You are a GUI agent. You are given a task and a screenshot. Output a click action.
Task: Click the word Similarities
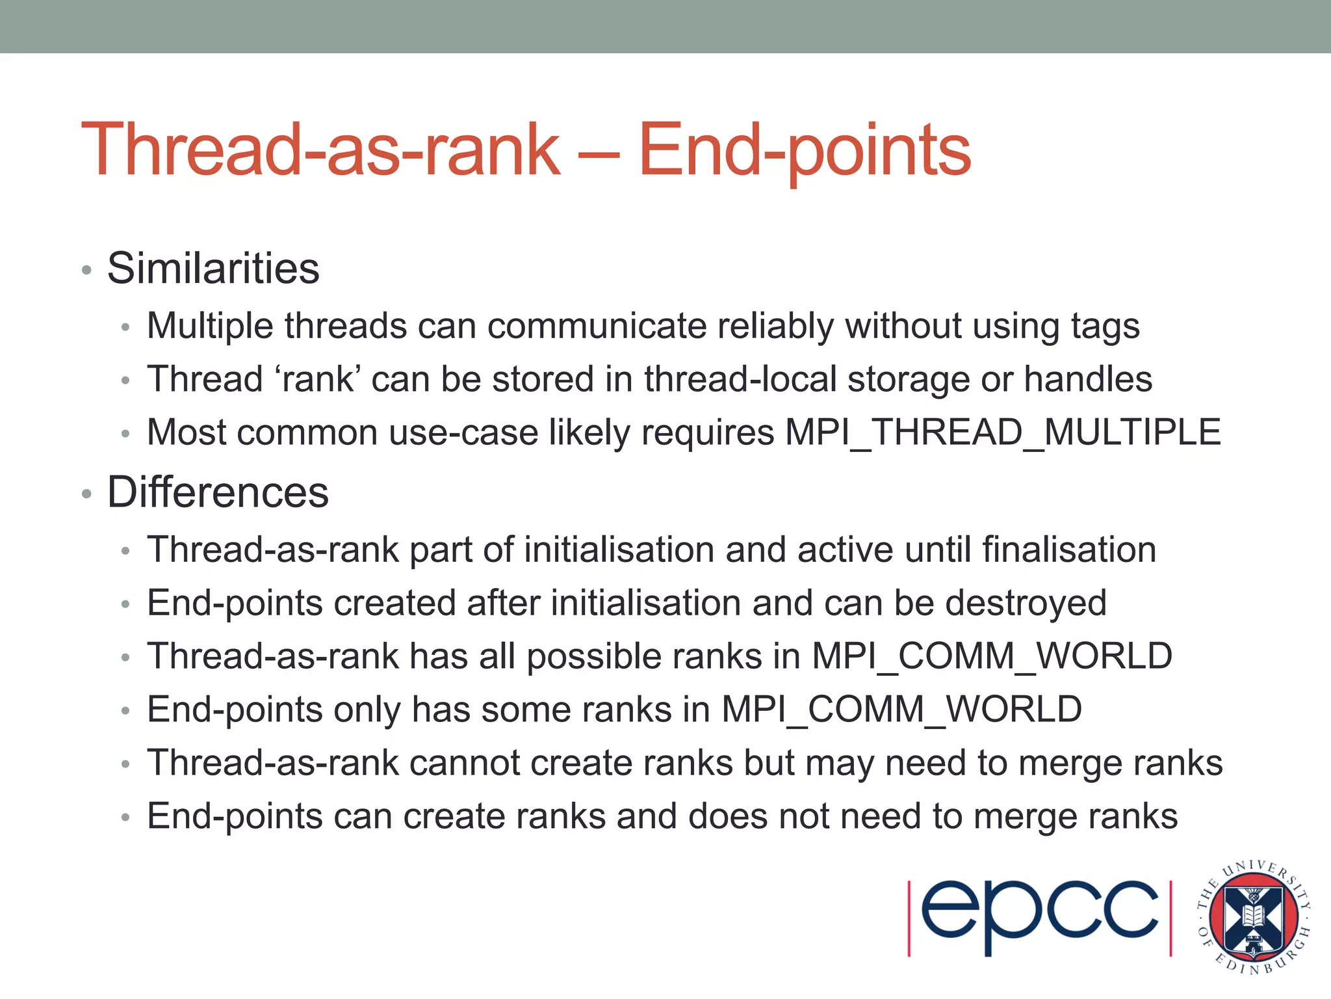pyautogui.click(x=213, y=268)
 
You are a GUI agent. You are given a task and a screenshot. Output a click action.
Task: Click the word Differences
pyautogui.click(x=218, y=492)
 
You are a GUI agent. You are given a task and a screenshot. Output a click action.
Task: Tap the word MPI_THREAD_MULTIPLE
pyautogui.click(x=1003, y=433)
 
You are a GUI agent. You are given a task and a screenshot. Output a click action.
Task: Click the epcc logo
pyautogui.click(x=1039, y=918)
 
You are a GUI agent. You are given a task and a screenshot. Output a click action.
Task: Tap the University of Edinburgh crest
pyautogui.click(x=1254, y=918)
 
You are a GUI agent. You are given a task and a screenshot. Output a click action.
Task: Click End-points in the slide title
pyautogui.click(x=805, y=151)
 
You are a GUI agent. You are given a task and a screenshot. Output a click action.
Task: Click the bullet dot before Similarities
pyautogui.click(x=87, y=270)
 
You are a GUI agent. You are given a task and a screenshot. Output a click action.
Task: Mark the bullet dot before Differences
pyautogui.click(x=87, y=494)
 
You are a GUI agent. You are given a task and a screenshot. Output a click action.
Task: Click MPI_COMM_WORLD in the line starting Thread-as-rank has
pyautogui.click(x=992, y=656)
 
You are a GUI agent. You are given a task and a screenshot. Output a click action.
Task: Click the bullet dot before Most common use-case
pyautogui.click(x=126, y=434)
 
